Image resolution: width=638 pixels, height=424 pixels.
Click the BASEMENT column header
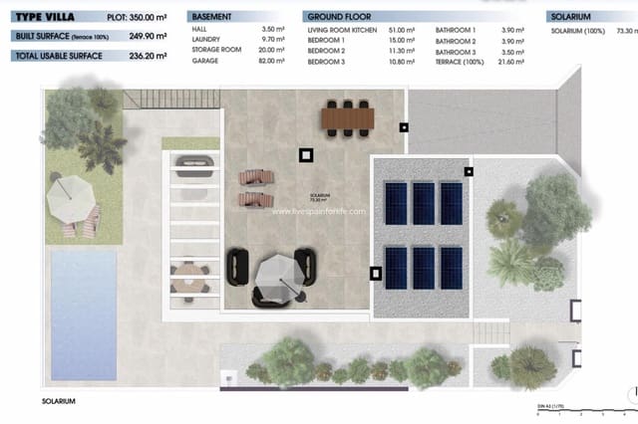point(212,17)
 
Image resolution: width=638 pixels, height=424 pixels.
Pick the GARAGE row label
point(205,61)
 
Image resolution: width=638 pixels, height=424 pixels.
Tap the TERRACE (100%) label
point(460,61)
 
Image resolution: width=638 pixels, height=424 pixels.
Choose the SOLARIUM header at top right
point(571,17)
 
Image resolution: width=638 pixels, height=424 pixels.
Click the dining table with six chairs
point(347,118)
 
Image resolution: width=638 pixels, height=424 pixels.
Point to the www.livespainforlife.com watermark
point(318,211)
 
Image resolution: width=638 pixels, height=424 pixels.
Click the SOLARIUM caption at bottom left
point(61,400)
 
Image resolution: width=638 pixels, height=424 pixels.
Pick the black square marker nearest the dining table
point(403,127)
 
